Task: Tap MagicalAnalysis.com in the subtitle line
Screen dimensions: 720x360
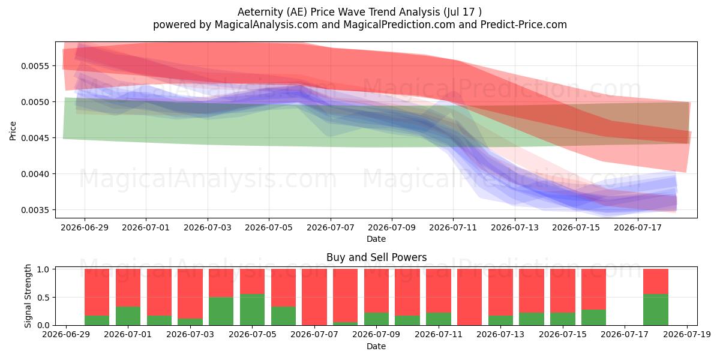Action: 266,25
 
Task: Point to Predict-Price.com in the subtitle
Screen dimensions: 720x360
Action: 524,25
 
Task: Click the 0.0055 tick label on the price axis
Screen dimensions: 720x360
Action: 35,66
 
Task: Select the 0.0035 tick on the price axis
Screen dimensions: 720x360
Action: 35,210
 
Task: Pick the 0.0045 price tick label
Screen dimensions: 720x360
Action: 35,138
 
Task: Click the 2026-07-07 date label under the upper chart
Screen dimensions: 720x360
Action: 331,227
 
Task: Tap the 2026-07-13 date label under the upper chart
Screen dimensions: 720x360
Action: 515,227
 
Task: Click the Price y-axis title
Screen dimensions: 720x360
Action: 13,131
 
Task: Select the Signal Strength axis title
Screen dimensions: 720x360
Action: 28,296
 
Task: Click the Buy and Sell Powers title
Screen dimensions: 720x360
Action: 376,257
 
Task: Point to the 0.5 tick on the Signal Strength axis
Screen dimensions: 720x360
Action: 43,298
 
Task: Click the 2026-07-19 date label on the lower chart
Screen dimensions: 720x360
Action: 687,335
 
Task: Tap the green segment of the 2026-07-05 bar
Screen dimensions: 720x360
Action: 253,310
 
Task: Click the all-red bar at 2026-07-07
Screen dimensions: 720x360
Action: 314,297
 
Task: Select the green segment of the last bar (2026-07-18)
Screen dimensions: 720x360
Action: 656,310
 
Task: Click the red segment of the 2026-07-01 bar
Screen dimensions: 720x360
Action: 128,287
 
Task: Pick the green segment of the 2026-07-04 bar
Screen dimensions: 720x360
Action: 221,311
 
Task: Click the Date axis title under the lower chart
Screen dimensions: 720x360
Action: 376,346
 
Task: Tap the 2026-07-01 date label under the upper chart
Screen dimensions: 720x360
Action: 146,227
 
